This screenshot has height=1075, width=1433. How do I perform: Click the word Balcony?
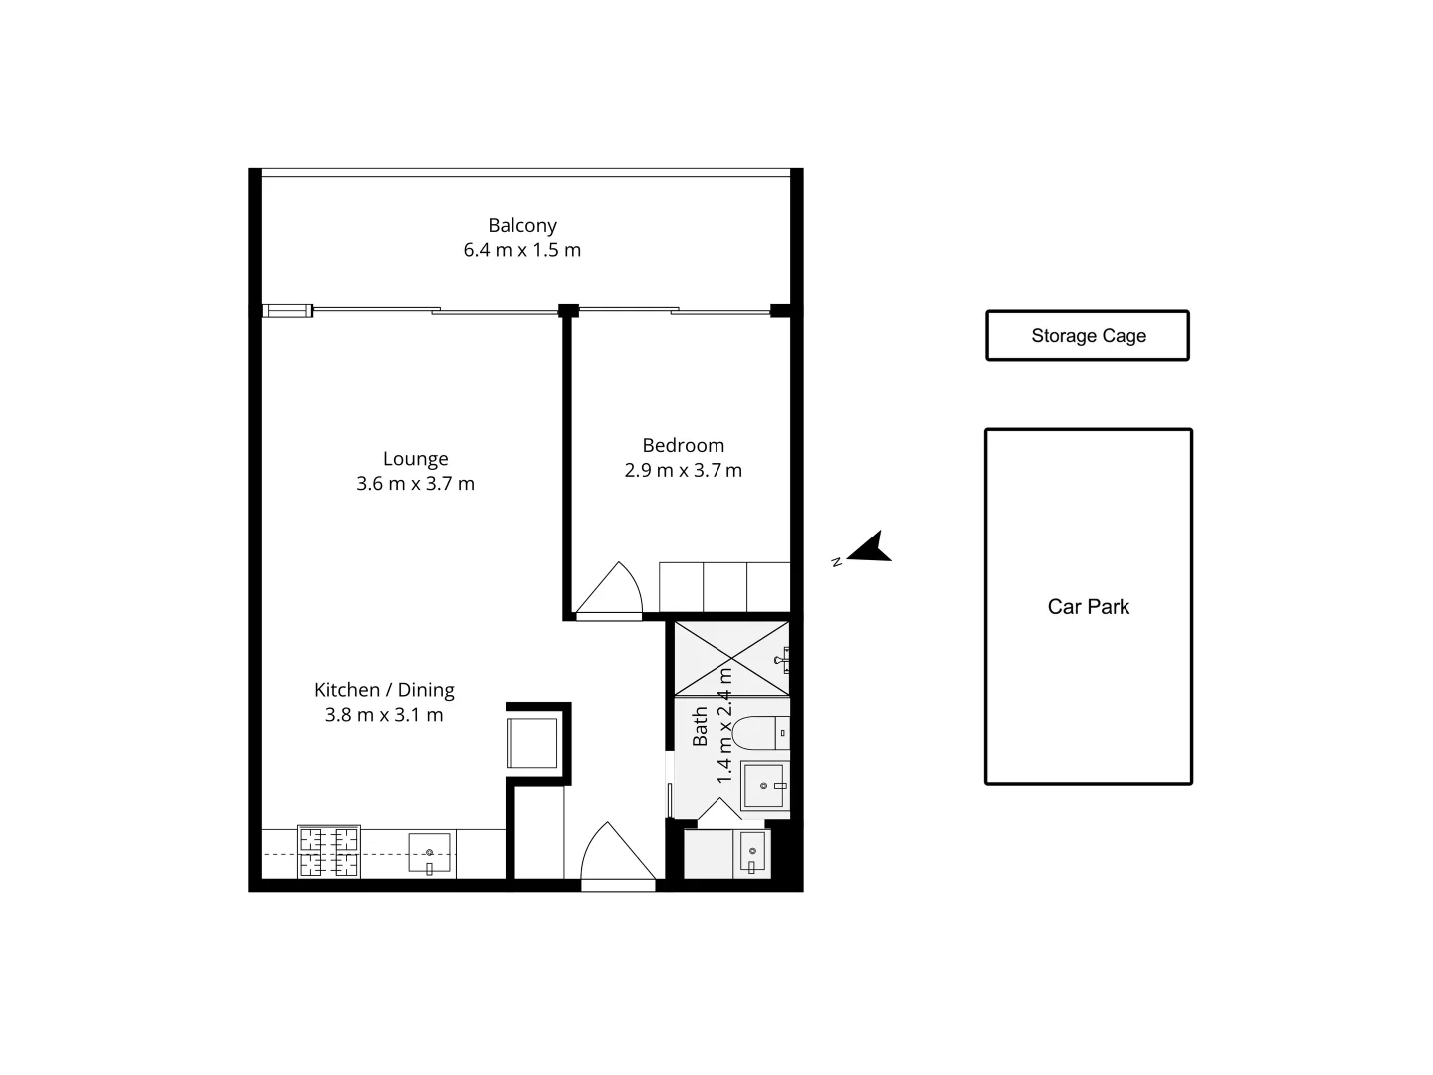[521, 226]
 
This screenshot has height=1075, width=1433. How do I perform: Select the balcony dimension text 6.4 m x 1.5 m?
[521, 250]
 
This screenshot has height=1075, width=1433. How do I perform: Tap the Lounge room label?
[415, 459]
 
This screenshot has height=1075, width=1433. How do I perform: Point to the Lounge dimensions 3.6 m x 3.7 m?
[415, 484]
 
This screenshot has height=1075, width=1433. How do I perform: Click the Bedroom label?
[683, 446]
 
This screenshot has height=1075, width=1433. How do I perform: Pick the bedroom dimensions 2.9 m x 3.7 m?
[683, 471]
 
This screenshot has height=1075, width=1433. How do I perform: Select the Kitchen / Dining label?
[384, 690]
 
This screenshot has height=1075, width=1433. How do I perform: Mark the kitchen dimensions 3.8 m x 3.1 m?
[384, 715]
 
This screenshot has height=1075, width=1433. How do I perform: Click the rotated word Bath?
[700, 727]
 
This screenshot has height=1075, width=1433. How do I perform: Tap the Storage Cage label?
[1088, 336]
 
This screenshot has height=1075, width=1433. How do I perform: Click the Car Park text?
[1088, 607]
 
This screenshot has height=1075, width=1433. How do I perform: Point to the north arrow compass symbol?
[868, 548]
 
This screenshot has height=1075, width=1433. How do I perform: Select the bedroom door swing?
[609, 591]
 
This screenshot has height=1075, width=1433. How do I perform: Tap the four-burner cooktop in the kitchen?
[328, 853]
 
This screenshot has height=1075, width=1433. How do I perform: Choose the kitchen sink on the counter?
[429, 854]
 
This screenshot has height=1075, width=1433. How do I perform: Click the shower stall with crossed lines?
[731, 658]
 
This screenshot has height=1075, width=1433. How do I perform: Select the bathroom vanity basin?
[765, 785]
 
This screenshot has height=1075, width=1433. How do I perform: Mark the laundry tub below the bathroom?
[751, 854]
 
